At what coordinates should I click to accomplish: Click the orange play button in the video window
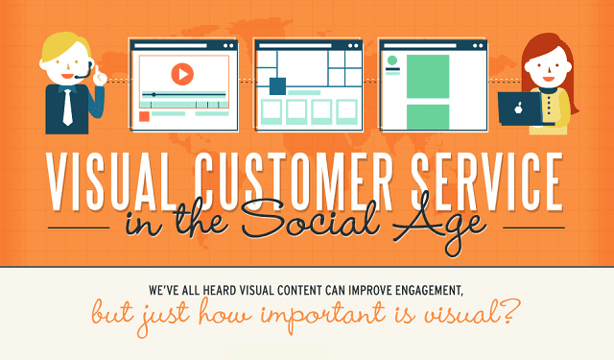pyautogui.click(x=182, y=73)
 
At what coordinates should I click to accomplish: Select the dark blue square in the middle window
pyautogui.click(x=277, y=86)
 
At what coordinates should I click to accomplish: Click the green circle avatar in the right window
pyautogui.click(x=391, y=61)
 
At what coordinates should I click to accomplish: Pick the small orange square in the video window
pyautogui.click(x=145, y=116)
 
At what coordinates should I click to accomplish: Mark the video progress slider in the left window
pyautogui.click(x=182, y=94)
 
